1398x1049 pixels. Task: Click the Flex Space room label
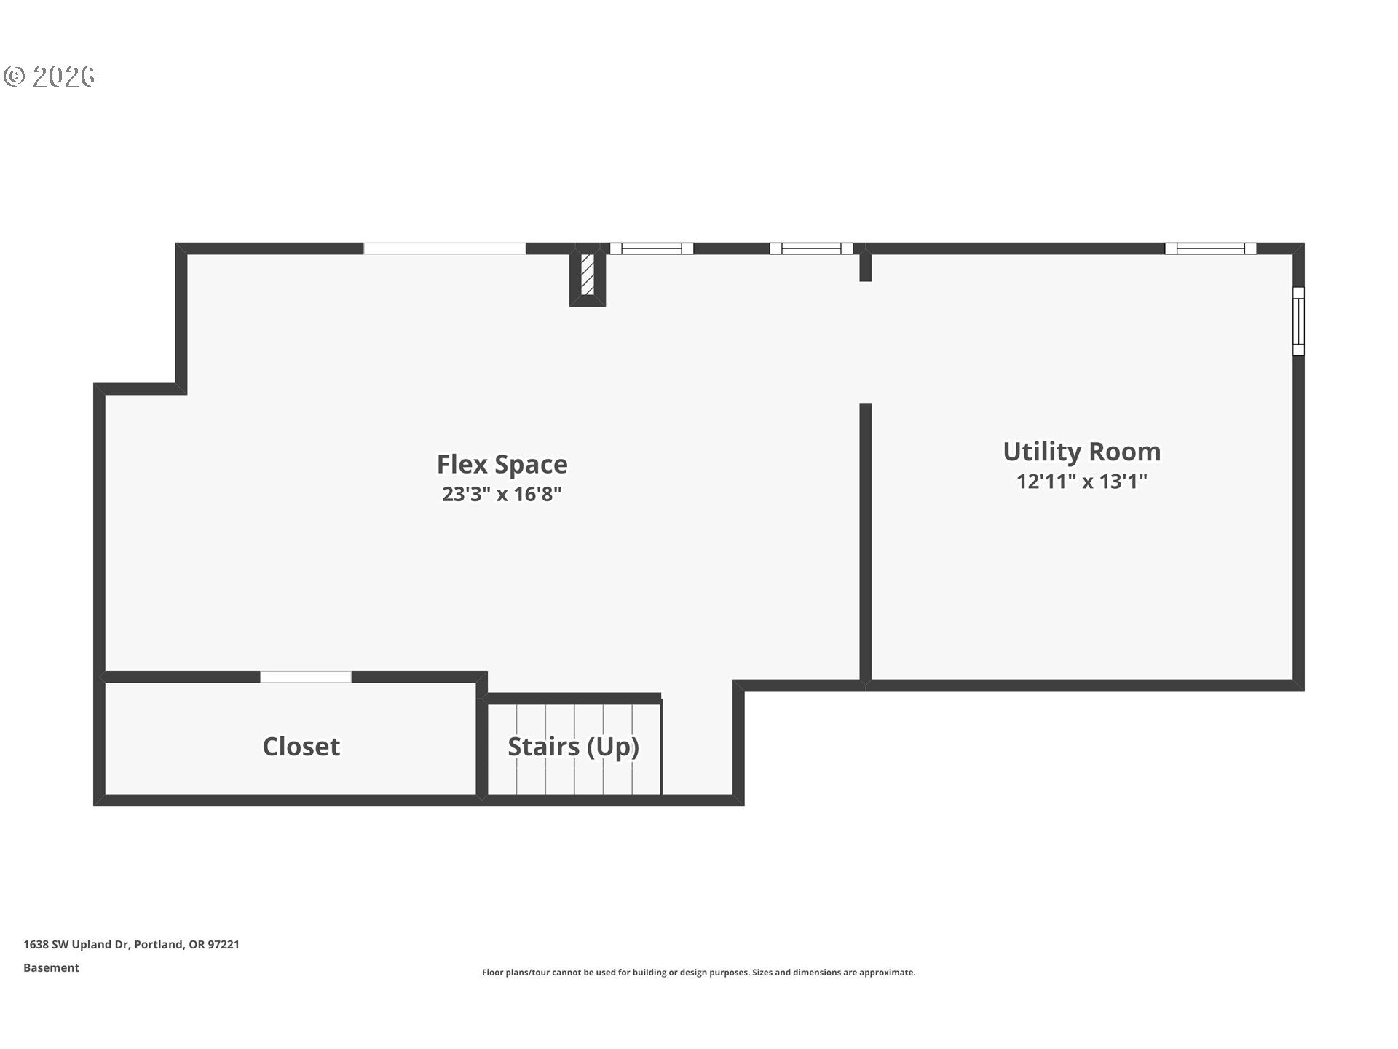(x=502, y=464)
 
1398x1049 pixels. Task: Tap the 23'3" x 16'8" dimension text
(x=502, y=495)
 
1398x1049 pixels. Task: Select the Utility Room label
(x=1081, y=452)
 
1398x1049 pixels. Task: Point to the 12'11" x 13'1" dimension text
(x=1081, y=482)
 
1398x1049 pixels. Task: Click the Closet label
(x=301, y=747)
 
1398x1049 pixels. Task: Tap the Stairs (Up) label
(x=573, y=747)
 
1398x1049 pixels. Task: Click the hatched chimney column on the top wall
(x=588, y=275)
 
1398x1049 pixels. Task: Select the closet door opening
(x=306, y=677)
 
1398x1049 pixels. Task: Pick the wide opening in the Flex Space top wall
(x=444, y=248)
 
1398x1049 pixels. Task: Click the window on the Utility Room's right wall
(x=1298, y=321)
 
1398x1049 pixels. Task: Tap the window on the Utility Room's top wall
(x=1210, y=248)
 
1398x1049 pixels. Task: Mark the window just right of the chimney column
(x=651, y=248)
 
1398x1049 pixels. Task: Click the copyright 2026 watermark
(x=50, y=76)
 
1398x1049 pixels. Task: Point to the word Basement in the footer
(x=51, y=967)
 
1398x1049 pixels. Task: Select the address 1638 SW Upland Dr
(x=76, y=944)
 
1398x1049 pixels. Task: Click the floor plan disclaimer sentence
(x=698, y=973)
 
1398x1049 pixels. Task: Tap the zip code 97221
(x=224, y=944)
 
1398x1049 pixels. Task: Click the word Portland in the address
(x=159, y=944)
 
